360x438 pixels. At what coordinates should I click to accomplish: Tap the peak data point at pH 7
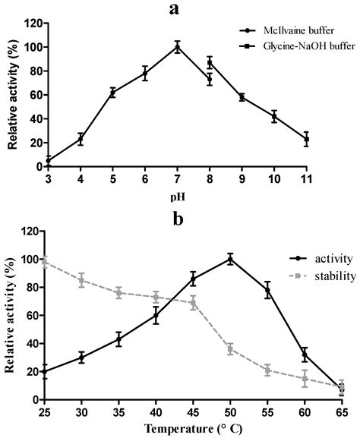[x=178, y=47]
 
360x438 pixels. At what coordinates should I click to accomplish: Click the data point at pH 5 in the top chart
[x=112, y=93]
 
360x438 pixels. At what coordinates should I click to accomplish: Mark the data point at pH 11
[x=307, y=139]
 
